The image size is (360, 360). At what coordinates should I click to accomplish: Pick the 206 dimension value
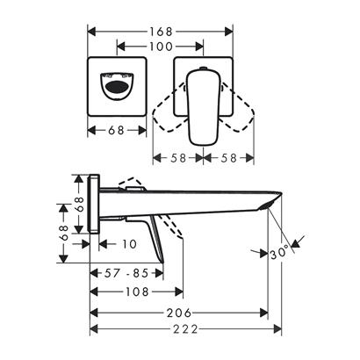click(x=179, y=313)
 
